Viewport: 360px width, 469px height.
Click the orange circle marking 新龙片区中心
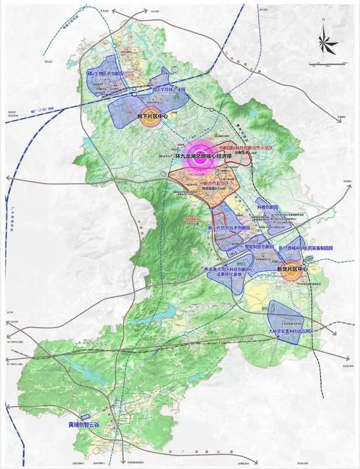click(291, 269)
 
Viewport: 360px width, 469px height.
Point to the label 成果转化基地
click(227, 276)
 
